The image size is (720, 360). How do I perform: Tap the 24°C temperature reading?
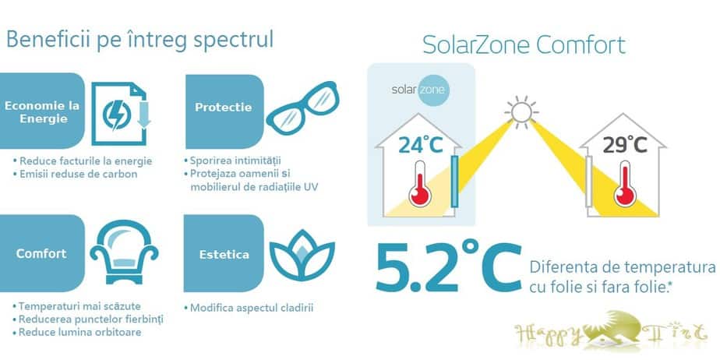(x=420, y=144)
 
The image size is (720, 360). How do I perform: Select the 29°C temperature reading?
(x=624, y=144)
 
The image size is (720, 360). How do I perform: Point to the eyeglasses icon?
(x=302, y=106)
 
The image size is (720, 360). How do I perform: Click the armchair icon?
(x=124, y=252)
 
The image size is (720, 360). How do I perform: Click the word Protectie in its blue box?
(x=223, y=108)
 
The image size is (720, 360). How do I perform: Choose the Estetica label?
(x=224, y=254)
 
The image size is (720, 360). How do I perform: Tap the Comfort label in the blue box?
(x=41, y=253)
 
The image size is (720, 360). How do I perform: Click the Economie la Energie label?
(x=42, y=112)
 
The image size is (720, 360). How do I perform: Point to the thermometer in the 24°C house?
(x=420, y=184)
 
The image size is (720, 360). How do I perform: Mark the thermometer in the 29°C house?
(x=624, y=184)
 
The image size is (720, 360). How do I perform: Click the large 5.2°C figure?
(x=449, y=266)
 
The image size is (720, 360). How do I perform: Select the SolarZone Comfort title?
(x=524, y=45)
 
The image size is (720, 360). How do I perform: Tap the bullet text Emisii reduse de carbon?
(x=78, y=174)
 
